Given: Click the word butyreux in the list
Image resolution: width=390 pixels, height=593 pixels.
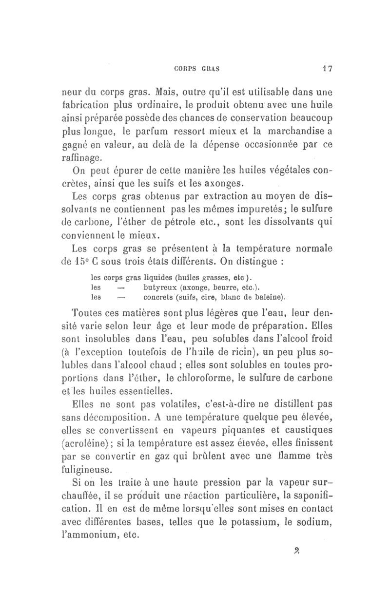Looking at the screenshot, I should coord(163,287).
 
